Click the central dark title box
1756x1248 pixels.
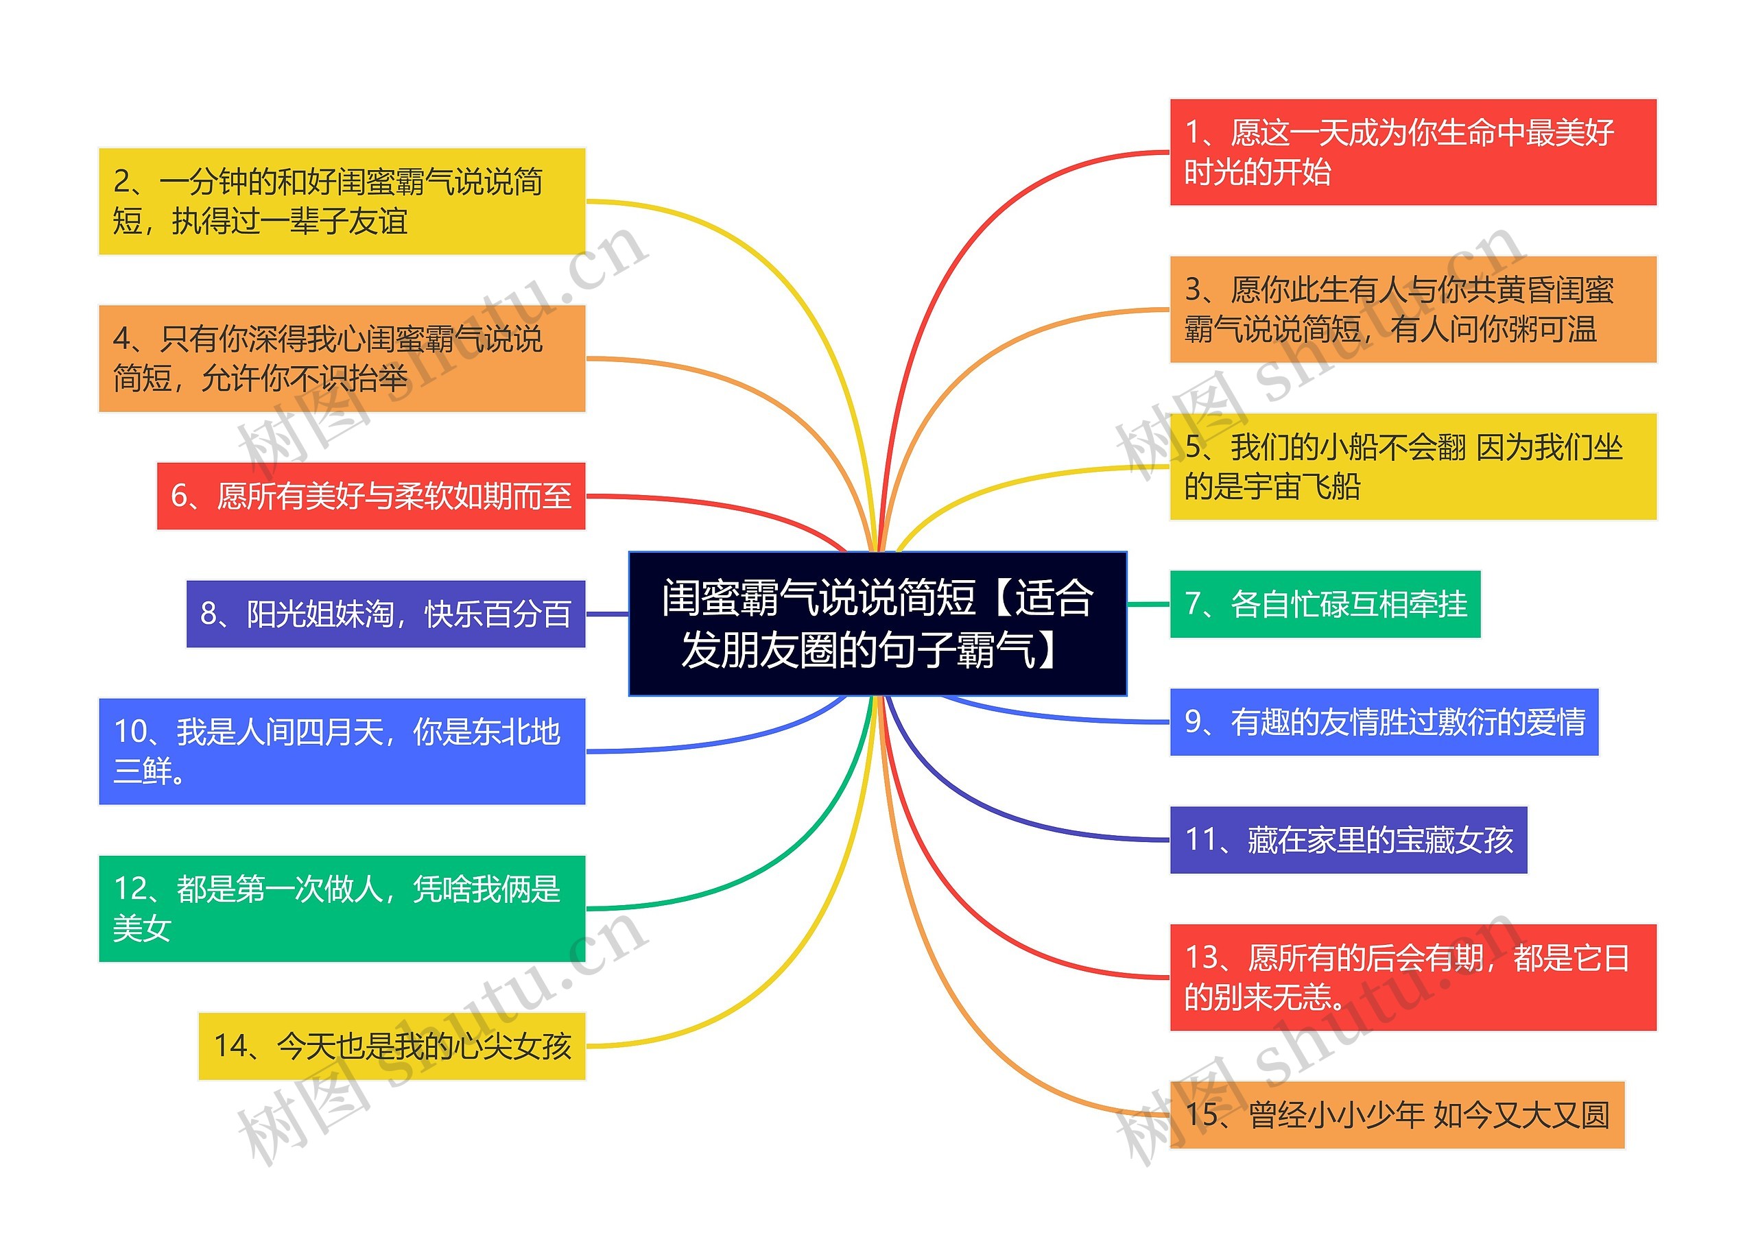point(877,623)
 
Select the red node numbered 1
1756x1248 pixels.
point(1412,152)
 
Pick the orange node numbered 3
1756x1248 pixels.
point(1412,309)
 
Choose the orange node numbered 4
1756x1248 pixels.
point(342,358)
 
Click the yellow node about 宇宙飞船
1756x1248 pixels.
point(1412,466)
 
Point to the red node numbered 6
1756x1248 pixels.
point(370,496)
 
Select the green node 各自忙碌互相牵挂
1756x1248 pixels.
point(1324,604)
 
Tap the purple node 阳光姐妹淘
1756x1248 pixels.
point(385,613)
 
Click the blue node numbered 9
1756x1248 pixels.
point(1384,721)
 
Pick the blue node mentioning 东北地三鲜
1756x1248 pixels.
point(342,751)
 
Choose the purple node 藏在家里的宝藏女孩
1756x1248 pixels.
point(1348,839)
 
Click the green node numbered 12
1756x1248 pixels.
point(342,909)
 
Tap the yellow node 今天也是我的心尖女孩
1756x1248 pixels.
point(392,1046)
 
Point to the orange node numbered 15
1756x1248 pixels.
point(1397,1114)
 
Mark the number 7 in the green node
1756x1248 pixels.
point(1192,604)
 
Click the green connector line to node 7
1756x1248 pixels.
point(1148,604)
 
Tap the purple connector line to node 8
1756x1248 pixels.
point(607,613)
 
